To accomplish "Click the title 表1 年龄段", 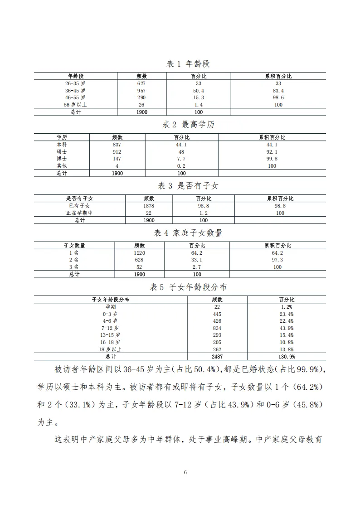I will tap(188, 64).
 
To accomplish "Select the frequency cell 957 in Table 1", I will tap(141, 91).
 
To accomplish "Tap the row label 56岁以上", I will tap(75, 105).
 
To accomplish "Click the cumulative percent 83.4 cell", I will tap(278, 91).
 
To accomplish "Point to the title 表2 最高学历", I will tap(188, 125).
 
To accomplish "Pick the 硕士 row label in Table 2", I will tap(62, 152).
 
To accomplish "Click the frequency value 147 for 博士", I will tap(117, 159).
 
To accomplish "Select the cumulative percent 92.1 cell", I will tap(272, 152).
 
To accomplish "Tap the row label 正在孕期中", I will tap(79, 213).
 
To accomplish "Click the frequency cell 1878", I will tap(149, 206).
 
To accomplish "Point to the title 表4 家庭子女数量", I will tap(188, 233).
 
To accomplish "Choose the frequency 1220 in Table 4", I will tap(139, 253).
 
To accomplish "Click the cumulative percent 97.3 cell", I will tap(277, 260).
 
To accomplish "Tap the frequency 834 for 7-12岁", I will tap(217, 328).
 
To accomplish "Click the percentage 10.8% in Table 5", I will tap(286, 342).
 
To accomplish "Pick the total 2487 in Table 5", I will tap(217, 357).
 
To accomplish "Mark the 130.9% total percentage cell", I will tap(286, 357).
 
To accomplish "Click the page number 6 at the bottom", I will tap(185, 472).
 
